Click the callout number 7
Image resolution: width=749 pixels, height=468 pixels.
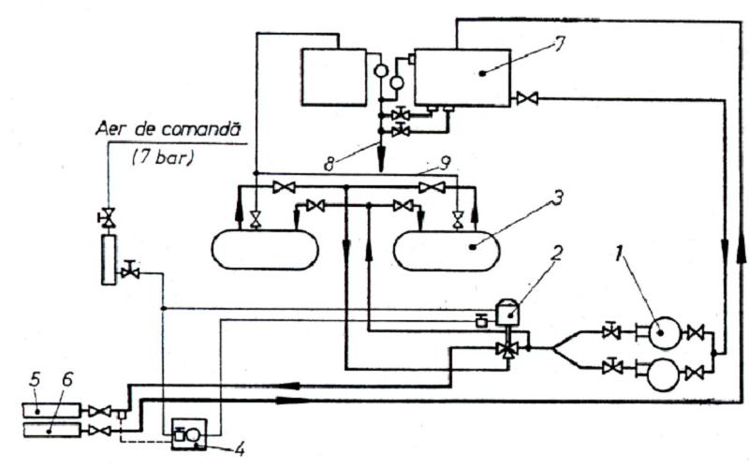pos(559,44)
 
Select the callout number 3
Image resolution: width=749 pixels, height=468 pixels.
pos(557,197)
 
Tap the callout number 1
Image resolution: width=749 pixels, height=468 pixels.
pos(620,254)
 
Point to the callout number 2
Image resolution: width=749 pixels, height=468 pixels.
pos(556,254)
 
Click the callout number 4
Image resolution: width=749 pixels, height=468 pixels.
pos(240,449)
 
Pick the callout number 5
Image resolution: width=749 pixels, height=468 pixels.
pos(35,380)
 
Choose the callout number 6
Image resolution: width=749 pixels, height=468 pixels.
pos(66,380)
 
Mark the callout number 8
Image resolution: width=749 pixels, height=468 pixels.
pos(330,165)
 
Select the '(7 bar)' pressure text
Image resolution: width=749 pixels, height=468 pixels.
pos(163,157)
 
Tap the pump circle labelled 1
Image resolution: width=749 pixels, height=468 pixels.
pos(665,333)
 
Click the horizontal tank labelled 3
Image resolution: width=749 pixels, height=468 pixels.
pos(447,250)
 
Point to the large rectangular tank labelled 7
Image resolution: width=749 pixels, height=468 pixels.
pos(463,77)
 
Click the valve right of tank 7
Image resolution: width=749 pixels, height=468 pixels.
pos(527,99)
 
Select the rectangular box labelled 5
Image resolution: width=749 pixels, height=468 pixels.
pos(51,410)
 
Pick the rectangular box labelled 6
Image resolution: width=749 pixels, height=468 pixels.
pos(51,430)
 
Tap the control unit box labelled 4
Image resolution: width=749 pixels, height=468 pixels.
pos(190,434)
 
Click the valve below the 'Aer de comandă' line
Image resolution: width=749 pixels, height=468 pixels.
pos(110,218)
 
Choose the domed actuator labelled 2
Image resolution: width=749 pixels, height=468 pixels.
pos(507,312)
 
